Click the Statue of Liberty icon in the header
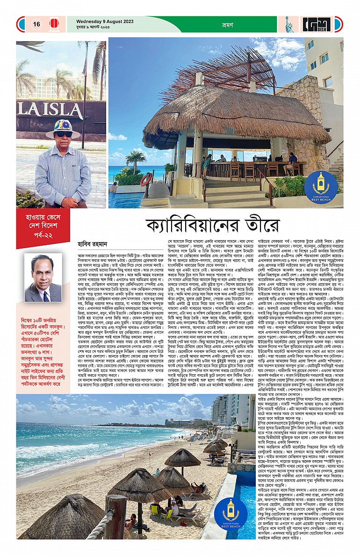pos(288,24)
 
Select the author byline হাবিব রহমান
pos(93,243)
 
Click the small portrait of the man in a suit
pos(43,278)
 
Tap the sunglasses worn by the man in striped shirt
pos(64,134)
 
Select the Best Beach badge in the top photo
pos(321,185)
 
